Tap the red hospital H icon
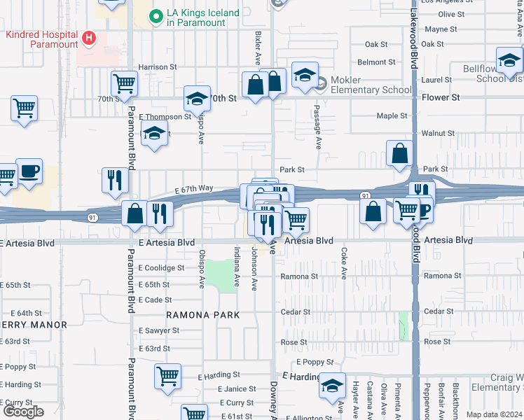click(x=89, y=38)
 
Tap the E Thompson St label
click(x=165, y=117)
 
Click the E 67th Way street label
click(x=193, y=189)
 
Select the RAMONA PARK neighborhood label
click(x=202, y=316)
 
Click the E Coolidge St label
click(x=161, y=268)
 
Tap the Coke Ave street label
click(x=344, y=263)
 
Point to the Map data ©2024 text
click(x=494, y=414)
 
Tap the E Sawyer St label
click(x=160, y=330)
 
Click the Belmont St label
click(x=376, y=62)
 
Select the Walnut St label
click(x=434, y=133)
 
